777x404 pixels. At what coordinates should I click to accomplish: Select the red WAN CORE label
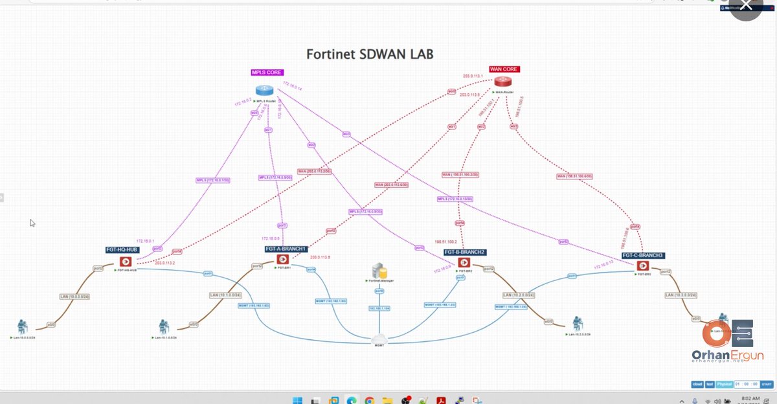[504, 69]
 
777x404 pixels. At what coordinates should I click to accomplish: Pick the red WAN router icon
[502, 82]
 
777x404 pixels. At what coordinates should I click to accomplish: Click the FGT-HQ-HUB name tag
[122, 249]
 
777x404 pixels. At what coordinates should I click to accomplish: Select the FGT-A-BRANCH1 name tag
[285, 249]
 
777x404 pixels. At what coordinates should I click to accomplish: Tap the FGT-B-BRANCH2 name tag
[465, 251]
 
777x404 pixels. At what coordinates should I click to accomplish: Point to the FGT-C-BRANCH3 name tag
[643, 255]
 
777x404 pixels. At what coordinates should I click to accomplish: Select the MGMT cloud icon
[380, 339]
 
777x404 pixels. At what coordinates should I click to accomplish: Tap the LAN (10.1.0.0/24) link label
[225, 295]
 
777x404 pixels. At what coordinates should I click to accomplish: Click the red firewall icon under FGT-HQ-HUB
[125, 262]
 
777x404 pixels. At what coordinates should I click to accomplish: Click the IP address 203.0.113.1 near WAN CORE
[473, 76]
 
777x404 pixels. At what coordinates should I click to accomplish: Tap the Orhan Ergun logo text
[718, 355]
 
